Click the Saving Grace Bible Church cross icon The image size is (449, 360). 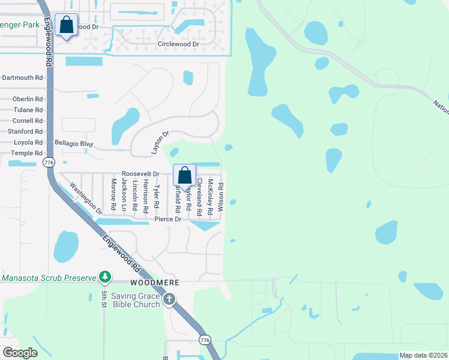coord(169,298)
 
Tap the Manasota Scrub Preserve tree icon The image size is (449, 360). coord(106,277)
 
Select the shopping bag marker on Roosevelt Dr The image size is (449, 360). coord(185,175)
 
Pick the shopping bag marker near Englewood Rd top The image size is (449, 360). coord(67,25)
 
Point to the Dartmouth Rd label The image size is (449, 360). coord(23,77)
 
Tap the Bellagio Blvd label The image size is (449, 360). coord(74,143)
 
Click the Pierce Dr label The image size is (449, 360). coord(167,219)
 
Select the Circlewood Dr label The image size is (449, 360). coord(178,44)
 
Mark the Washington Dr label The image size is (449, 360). coord(86,199)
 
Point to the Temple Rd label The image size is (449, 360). coord(26,154)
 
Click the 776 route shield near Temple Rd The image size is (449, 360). coord(49,163)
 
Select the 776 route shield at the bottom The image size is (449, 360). coord(205,340)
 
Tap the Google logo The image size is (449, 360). coord(20,353)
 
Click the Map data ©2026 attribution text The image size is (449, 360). coord(423,355)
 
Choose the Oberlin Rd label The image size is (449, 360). coord(29,99)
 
